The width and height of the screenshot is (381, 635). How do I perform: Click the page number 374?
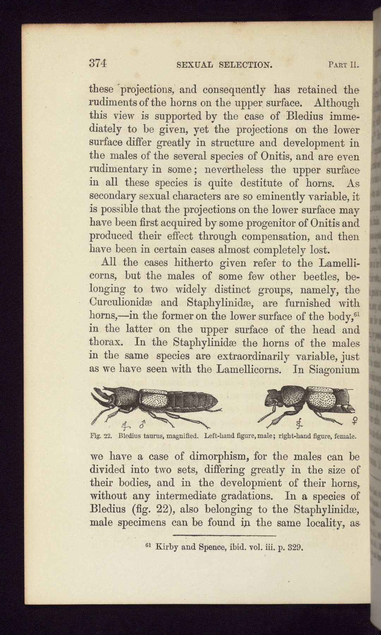[98, 64]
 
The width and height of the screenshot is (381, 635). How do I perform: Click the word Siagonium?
[334, 370]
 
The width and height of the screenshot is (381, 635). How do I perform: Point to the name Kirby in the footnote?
[168, 548]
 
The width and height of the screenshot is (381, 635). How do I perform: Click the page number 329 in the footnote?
[295, 548]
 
